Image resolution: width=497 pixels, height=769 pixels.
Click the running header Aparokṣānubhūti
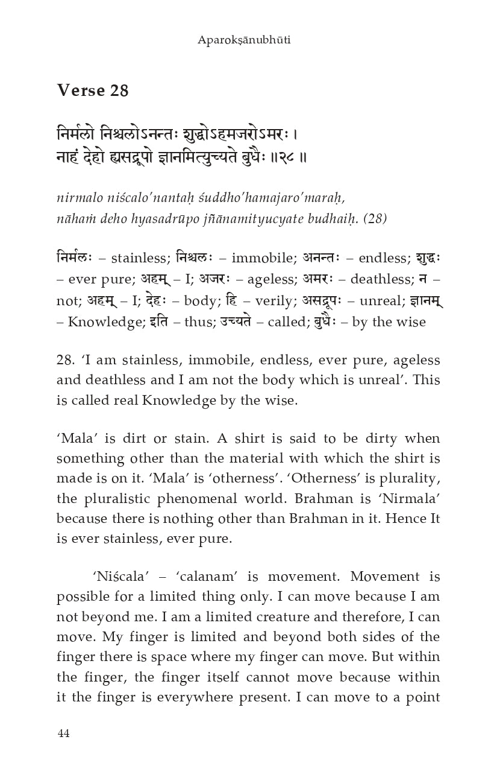click(248, 40)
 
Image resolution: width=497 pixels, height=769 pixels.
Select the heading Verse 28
click(93, 90)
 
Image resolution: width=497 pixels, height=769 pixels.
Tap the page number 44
click(63, 733)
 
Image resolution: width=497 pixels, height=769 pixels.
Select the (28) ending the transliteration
click(376, 218)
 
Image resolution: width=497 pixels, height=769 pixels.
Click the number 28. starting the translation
click(65, 361)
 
